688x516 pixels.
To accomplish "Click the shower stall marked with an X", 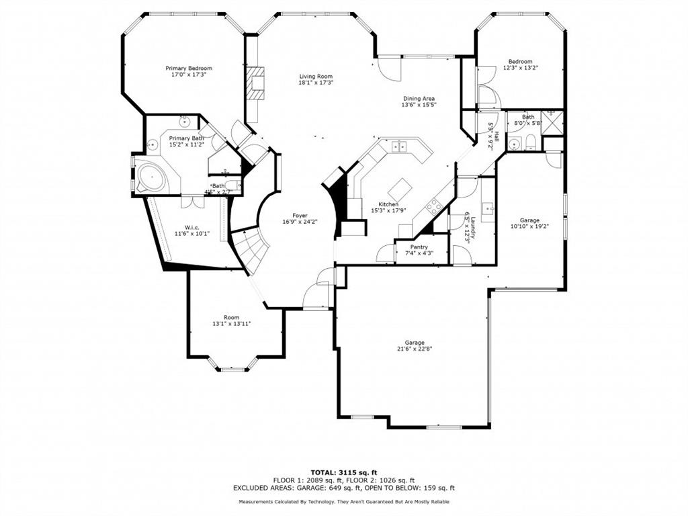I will [553, 122].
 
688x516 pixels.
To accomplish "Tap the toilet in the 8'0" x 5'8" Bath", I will [529, 142].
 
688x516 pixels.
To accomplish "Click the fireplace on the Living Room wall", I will [256, 84].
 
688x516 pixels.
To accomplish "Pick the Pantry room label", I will [419, 247].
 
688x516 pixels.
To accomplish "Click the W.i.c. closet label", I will [183, 226].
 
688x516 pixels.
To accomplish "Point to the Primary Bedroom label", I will [189, 69].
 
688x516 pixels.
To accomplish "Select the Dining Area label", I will [419, 99].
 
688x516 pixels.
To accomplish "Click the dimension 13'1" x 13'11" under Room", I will [231, 324].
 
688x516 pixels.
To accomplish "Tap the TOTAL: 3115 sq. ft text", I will [343, 472].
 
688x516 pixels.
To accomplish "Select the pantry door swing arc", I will [386, 254].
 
